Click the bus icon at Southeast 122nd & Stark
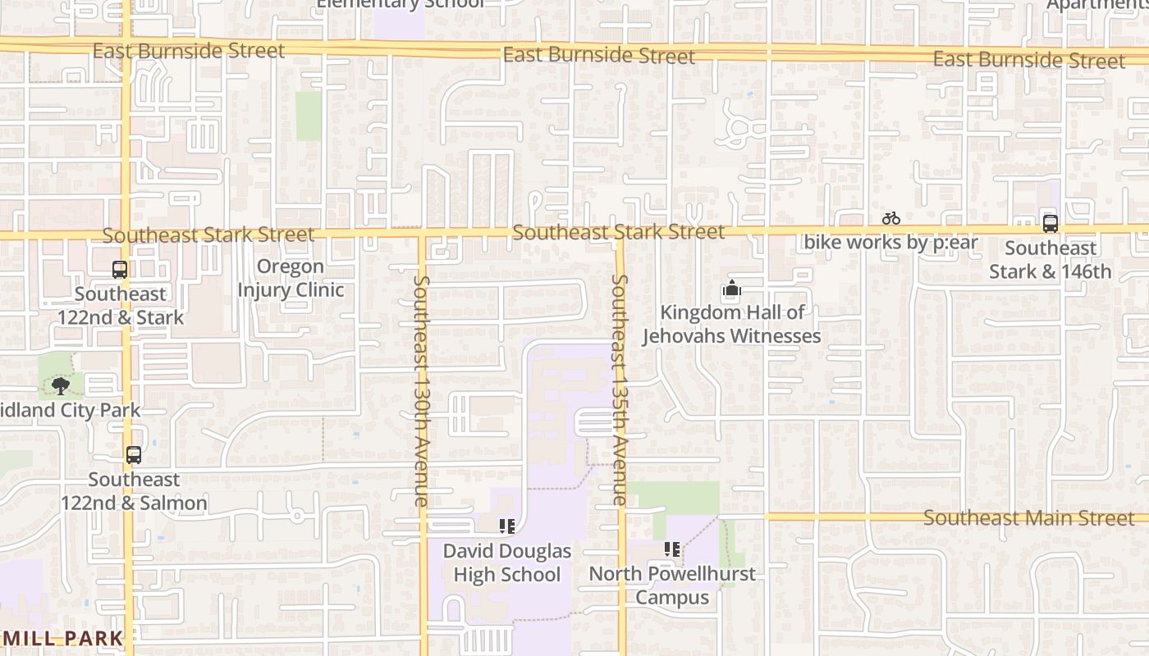120,269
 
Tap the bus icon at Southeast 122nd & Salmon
134,454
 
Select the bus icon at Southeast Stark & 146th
1050,223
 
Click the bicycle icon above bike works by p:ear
891,218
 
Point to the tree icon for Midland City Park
60,385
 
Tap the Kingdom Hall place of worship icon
731,289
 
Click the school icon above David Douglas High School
506,526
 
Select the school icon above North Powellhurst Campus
672,549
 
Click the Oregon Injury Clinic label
291,278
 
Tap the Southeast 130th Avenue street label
420,389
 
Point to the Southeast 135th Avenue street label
620,389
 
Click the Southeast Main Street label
1028,518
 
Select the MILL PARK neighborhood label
63,638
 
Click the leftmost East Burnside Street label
189,51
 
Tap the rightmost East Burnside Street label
1028,60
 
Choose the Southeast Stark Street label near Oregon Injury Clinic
208,235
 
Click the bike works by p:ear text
890,242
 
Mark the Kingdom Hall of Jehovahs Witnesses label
731,324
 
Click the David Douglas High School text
506,563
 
